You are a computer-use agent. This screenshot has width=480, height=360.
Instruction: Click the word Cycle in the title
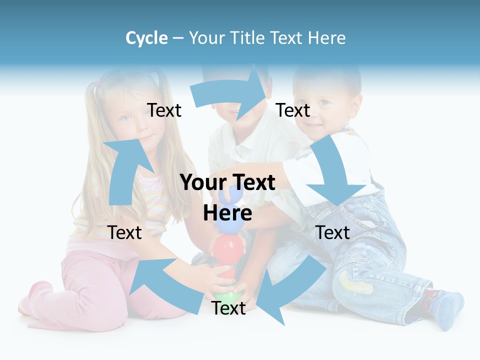click(146, 38)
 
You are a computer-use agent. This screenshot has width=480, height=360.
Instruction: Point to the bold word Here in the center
click(227, 213)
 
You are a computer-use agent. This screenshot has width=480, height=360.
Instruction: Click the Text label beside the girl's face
click(164, 110)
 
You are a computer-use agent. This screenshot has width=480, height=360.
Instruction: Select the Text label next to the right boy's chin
click(293, 110)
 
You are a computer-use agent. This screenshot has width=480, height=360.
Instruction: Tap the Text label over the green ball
click(228, 308)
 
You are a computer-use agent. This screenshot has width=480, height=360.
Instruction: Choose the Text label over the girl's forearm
click(125, 232)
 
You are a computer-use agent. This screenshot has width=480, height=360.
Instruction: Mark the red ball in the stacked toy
click(228, 248)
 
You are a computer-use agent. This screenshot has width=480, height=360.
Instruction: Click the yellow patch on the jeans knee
click(356, 282)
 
